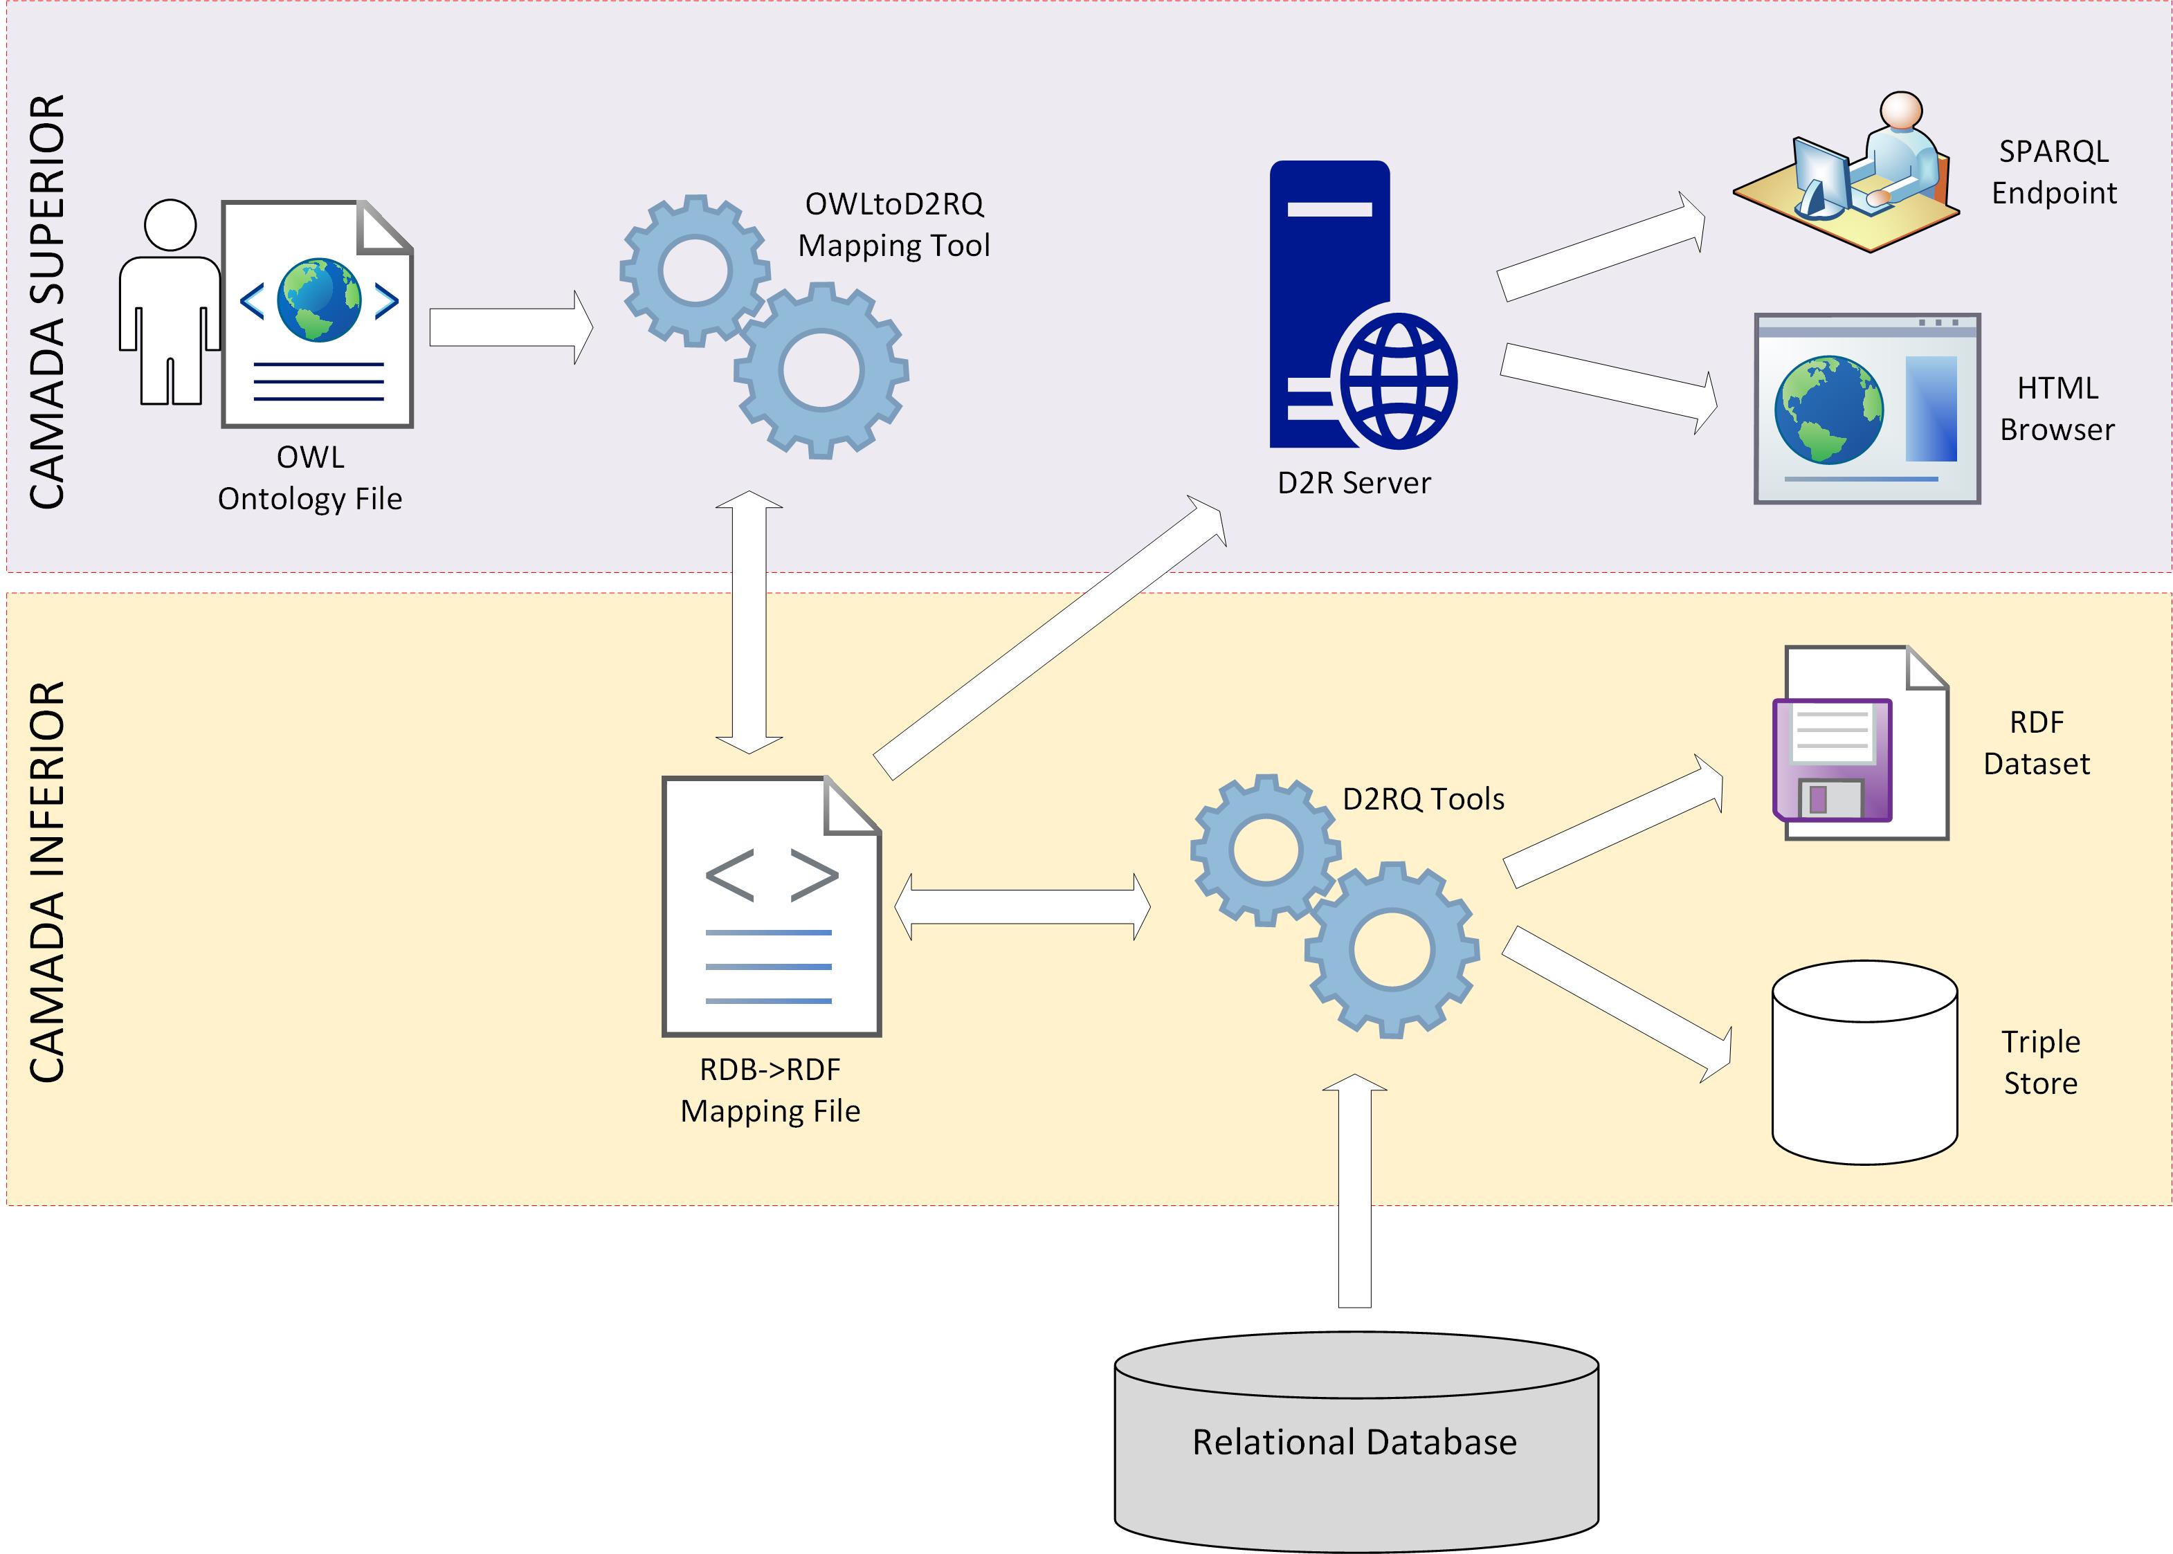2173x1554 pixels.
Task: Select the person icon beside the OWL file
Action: pyautogui.click(x=170, y=302)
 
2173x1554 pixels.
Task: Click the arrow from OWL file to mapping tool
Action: pyautogui.click(x=510, y=327)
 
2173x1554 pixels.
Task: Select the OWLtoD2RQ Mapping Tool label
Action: pyautogui.click(x=893, y=225)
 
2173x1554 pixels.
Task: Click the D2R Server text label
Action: pyautogui.click(x=1354, y=483)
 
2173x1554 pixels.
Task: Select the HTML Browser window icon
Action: pyautogui.click(x=1866, y=409)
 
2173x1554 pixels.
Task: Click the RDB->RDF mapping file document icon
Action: pyautogui.click(x=770, y=906)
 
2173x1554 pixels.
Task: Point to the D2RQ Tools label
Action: pyautogui.click(x=1423, y=799)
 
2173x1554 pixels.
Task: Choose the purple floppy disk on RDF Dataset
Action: pyautogui.click(x=1831, y=760)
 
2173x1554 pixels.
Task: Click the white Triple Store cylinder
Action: pyautogui.click(x=1864, y=1062)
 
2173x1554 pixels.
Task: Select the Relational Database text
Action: pyautogui.click(x=1354, y=1442)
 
